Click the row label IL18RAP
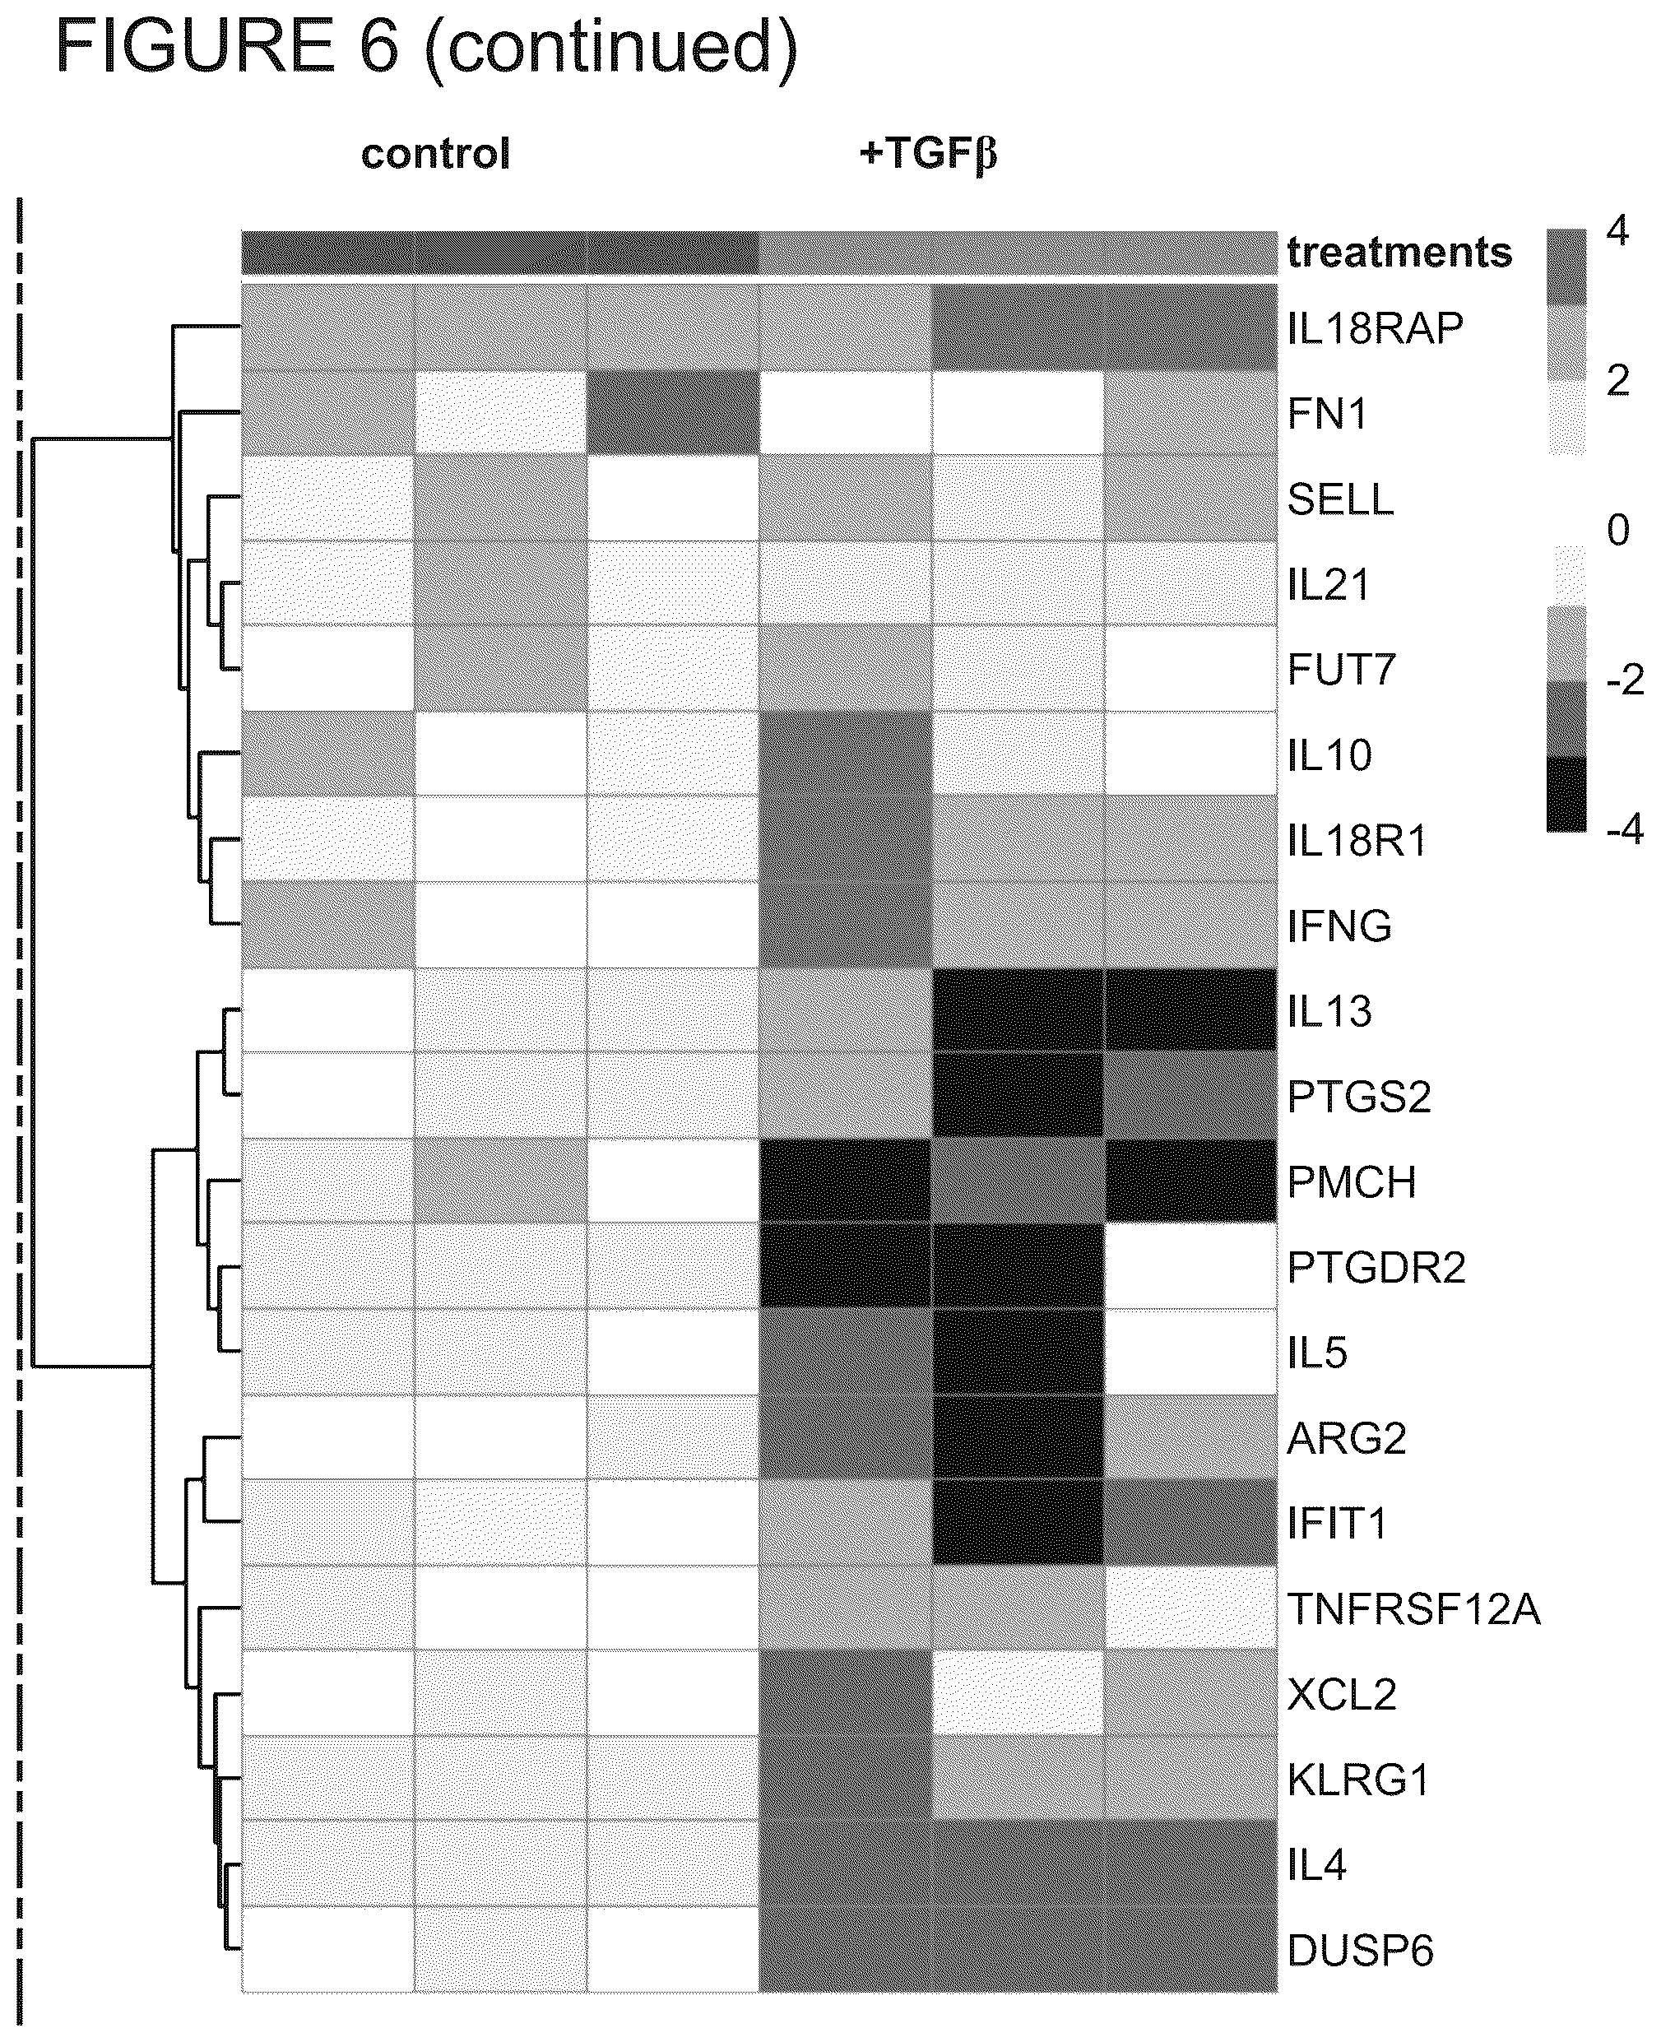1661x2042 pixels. coord(1375,328)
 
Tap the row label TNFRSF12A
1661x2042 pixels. coord(1413,1608)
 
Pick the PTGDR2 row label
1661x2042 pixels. coord(1376,1267)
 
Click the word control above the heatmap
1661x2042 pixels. coord(435,154)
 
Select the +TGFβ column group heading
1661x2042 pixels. coord(928,154)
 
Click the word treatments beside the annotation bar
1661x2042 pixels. coord(1399,253)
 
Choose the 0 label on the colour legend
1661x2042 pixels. coord(1617,530)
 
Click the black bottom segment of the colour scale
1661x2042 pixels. coord(1566,794)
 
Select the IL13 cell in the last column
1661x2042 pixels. coord(1190,1010)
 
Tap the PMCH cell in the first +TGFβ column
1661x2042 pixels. coord(845,1181)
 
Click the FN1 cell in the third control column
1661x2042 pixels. coord(673,412)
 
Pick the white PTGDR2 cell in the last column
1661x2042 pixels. coord(1190,1266)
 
